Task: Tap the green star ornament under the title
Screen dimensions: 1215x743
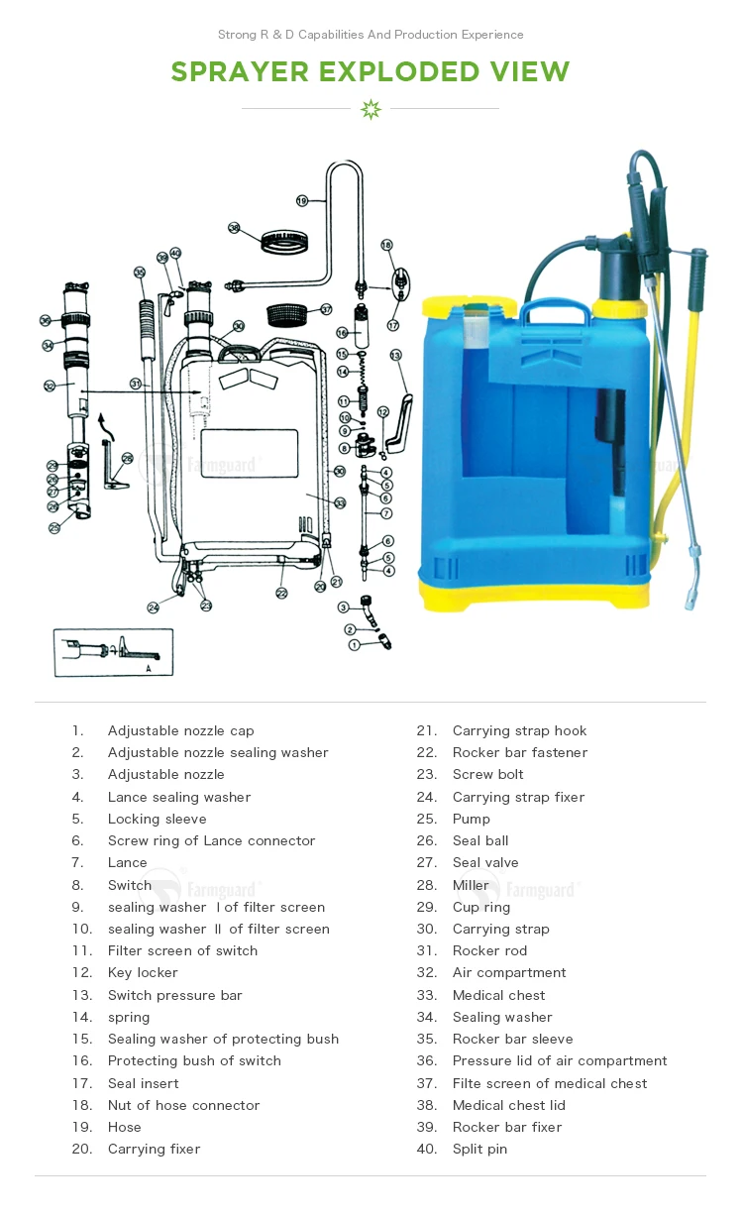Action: coord(371,109)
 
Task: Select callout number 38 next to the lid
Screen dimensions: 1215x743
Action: coord(234,227)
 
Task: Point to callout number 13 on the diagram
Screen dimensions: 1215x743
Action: coord(395,355)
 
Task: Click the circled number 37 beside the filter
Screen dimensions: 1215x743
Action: coord(324,309)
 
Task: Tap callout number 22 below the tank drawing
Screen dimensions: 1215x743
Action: coord(281,593)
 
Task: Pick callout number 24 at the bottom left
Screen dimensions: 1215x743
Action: coord(154,607)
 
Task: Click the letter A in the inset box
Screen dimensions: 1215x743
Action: coord(148,668)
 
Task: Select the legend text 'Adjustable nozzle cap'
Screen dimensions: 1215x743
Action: coord(180,730)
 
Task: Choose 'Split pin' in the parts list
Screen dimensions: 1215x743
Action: coord(479,1149)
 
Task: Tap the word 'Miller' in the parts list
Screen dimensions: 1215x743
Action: coord(471,885)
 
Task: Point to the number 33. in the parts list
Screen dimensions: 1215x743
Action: coord(426,995)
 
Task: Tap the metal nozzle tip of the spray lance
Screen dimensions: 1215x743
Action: coord(688,596)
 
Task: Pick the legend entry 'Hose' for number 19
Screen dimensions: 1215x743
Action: coord(124,1127)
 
